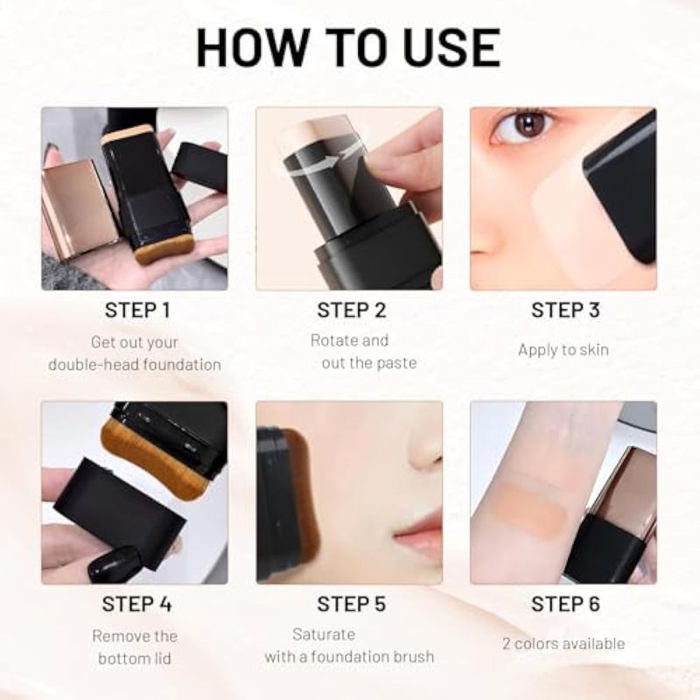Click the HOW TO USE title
click(x=348, y=48)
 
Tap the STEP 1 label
click(x=137, y=311)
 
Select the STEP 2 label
click(x=352, y=311)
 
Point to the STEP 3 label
click(x=565, y=311)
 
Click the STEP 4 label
click(x=136, y=604)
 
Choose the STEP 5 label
click(x=352, y=604)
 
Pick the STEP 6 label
click(x=565, y=604)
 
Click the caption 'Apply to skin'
click(x=563, y=349)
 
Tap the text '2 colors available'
click(x=563, y=643)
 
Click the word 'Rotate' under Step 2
click(x=330, y=340)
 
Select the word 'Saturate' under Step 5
click(x=324, y=633)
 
